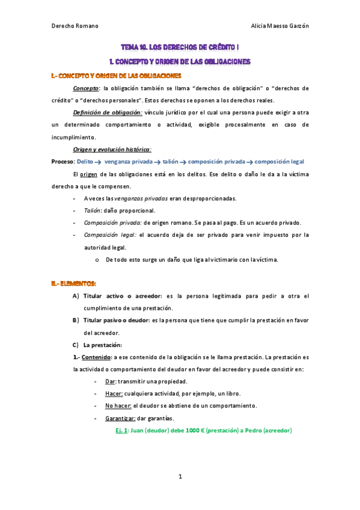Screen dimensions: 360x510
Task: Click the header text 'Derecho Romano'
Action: coord(75,26)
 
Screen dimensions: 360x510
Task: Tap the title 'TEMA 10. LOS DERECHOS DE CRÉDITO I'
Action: coord(180,46)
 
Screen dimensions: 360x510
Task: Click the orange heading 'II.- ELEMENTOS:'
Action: coord(74,283)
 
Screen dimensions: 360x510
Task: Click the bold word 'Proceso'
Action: coord(63,162)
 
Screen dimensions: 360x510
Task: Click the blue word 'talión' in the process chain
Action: coord(171,162)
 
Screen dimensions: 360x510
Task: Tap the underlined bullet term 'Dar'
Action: coord(110,381)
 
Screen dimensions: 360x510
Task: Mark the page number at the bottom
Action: coord(180,477)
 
